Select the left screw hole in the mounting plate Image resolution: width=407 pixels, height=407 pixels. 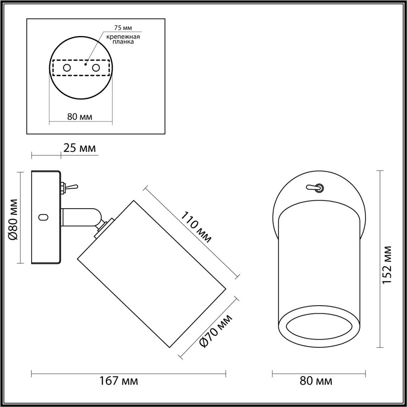coord(67,68)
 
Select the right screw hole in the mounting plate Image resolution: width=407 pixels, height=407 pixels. coord(96,68)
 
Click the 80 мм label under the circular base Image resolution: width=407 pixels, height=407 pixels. coord(80,117)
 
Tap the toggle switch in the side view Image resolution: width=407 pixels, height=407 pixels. coord(70,187)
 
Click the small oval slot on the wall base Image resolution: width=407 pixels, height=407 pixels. coord(43,217)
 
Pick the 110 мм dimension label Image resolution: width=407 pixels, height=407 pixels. coord(196,227)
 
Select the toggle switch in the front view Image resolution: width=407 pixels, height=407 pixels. coord(314,187)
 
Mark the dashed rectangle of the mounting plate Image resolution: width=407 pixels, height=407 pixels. coord(81,68)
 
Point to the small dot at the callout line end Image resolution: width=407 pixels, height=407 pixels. coord(85,63)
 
